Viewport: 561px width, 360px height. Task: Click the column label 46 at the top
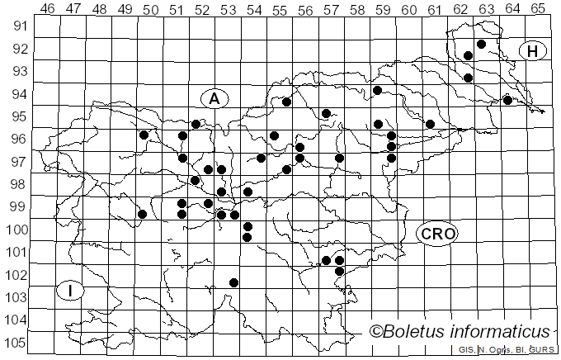pos(48,9)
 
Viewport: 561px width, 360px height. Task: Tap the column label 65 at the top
pos(537,9)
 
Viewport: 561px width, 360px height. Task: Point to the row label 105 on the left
pos(17,343)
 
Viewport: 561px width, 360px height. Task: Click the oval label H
pos(533,51)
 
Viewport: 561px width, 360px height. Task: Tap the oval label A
pos(214,98)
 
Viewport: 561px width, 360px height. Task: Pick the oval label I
pos(72,291)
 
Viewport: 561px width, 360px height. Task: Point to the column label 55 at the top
pos(279,9)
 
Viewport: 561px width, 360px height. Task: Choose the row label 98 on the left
pos(17,183)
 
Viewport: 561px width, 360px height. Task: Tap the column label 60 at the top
pos(408,9)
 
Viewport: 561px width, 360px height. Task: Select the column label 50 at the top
pos(150,9)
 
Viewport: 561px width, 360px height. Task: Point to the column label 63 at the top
pos(486,9)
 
